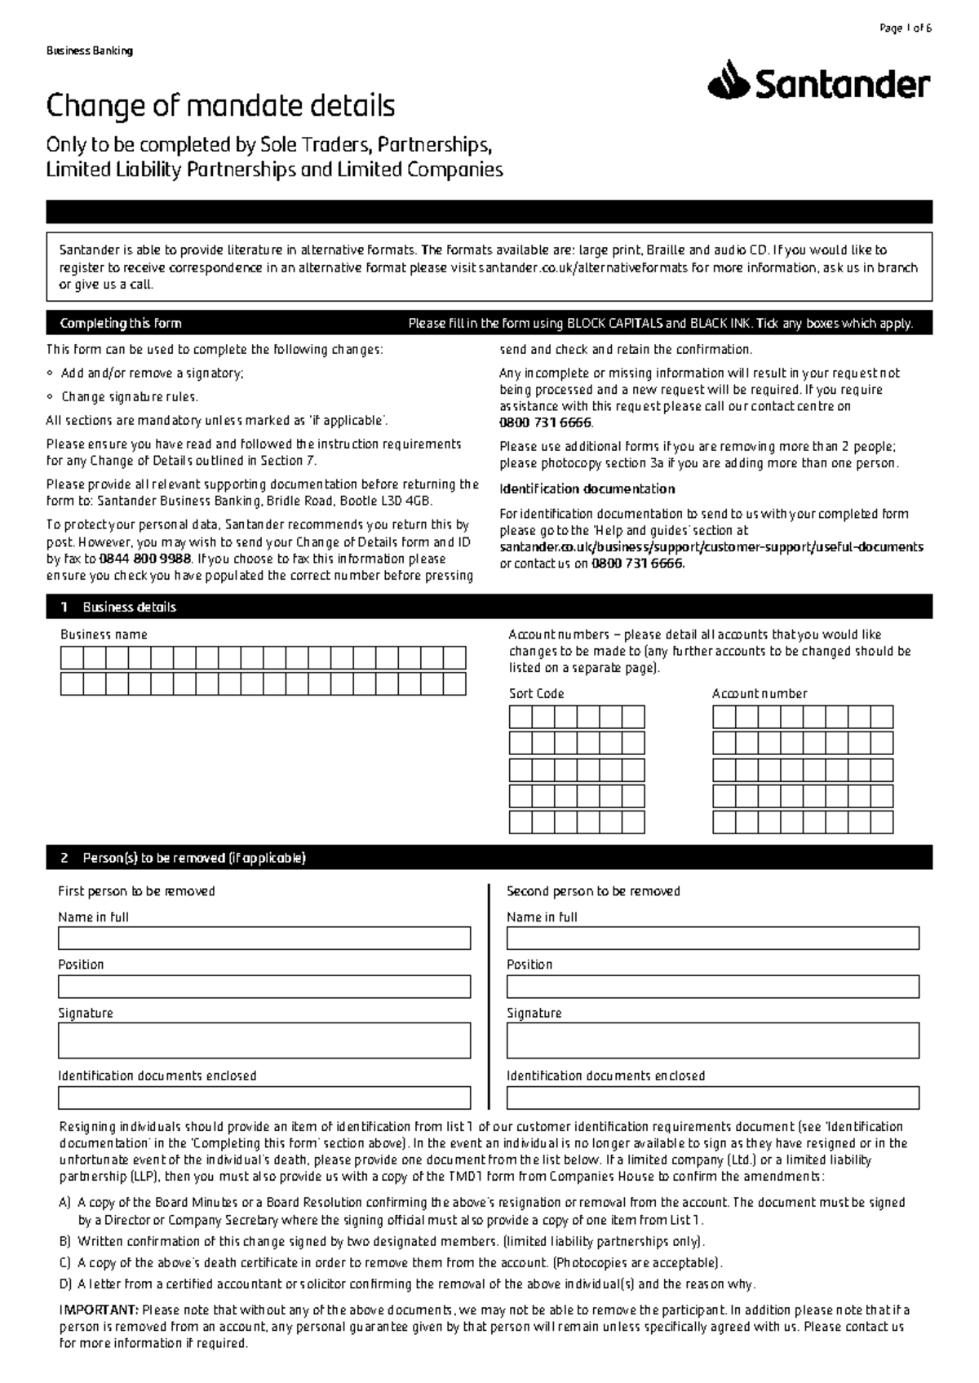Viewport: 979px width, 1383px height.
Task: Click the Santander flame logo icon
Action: click(x=728, y=82)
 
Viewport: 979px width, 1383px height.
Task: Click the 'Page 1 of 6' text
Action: click(x=905, y=28)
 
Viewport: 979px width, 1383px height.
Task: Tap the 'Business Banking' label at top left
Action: click(x=90, y=51)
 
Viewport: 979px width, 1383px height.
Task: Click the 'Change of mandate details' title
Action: click(x=220, y=106)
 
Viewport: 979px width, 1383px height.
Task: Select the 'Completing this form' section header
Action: click(x=121, y=324)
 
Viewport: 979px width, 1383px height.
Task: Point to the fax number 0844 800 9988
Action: click(x=146, y=559)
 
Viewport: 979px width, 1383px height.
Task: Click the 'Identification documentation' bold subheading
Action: click(x=587, y=489)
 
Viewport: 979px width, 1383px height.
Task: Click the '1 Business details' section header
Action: click(x=118, y=608)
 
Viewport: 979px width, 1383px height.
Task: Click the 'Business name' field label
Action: click(x=104, y=634)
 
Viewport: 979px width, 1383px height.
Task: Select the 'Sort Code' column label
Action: click(x=536, y=694)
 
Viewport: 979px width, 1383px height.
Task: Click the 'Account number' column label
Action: click(x=760, y=694)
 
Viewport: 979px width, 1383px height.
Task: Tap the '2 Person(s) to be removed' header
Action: click(x=184, y=858)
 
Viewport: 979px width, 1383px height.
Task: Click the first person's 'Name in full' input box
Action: click(x=264, y=938)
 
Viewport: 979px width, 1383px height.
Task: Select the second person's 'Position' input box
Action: click(x=712, y=987)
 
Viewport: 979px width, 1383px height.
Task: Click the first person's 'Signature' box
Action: click(x=264, y=1041)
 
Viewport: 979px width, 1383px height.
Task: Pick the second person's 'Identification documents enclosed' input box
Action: click(x=712, y=1098)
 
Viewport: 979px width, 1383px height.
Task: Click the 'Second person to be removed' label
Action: click(x=593, y=891)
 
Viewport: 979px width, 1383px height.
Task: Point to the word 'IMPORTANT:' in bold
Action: click(x=99, y=1310)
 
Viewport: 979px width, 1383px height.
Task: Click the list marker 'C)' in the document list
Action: click(x=65, y=1263)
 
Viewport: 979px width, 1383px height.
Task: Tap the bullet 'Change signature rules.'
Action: click(x=130, y=397)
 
